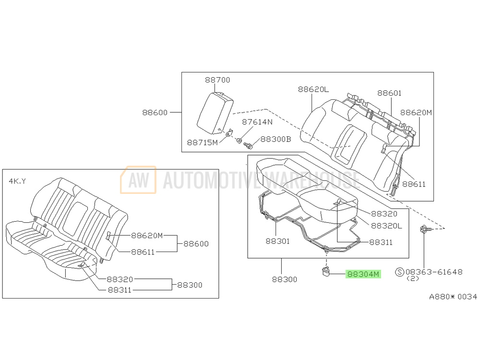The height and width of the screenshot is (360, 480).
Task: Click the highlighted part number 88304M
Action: (363, 275)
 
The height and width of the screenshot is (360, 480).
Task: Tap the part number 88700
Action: (217, 80)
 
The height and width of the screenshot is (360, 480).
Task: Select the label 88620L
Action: (313, 89)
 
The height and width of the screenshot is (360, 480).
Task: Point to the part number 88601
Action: (389, 93)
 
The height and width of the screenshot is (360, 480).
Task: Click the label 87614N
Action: (257, 122)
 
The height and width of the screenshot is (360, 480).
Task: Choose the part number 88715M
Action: (202, 143)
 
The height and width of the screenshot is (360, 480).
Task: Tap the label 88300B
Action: (276, 139)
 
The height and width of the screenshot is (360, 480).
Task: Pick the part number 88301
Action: (277, 241)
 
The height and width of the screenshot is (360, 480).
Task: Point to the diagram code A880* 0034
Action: (453, 297)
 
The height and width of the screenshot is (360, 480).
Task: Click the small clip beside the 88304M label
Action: (325, 273)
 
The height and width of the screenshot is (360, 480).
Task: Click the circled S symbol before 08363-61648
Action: (399, 272)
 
